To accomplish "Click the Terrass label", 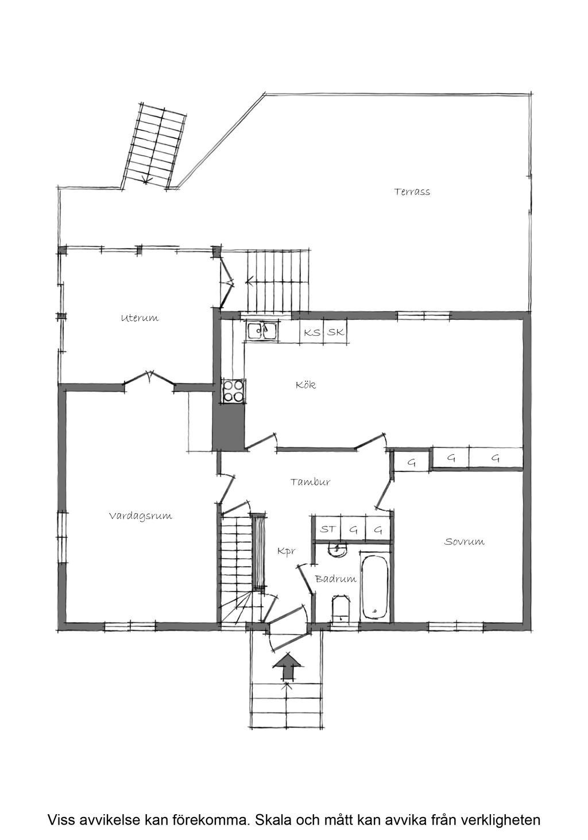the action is [x=412, y=192].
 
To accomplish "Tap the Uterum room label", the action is [x=140, y=318].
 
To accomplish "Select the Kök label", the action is [x=305, y=385].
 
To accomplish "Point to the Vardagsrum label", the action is [x=141, y=516].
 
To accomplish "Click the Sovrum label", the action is [x=464, y=541].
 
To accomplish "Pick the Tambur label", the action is [x=310, y=482].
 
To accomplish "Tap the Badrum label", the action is [x=335, y=579].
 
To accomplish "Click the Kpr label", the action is [x=287, y=551].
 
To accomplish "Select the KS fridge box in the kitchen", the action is [x=312, y=332].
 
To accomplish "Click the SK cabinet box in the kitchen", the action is [x=335, y=332].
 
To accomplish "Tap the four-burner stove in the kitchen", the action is [x=233, y=391].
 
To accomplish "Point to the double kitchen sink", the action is [x=262, y=330].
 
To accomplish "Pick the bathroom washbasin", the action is [x=338, y=549].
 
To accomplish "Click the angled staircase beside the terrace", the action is [x=154, y=146].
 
